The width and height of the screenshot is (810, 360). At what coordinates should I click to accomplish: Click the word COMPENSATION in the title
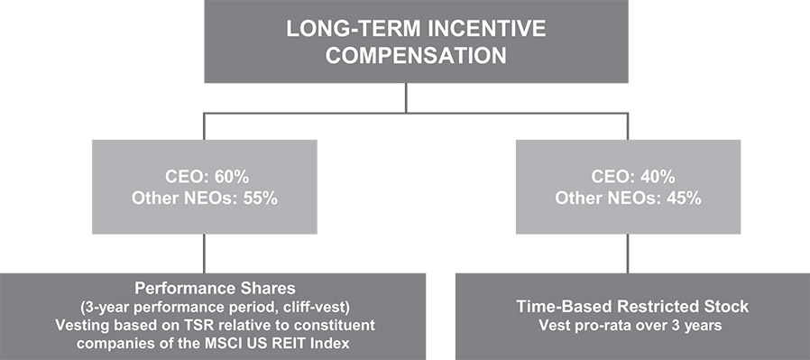[416, 56]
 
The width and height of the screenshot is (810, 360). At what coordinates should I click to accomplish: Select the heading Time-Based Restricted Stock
[633, 306]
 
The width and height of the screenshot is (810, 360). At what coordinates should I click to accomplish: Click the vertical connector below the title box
[406, 98]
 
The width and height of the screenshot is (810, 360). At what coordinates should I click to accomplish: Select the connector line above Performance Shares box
[204, 254]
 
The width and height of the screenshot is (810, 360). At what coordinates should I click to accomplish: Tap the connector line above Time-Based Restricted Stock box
[628, 254]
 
